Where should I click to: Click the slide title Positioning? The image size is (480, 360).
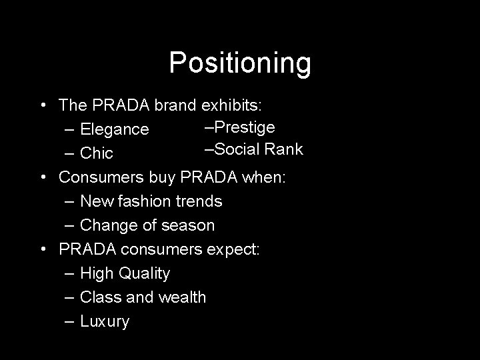(x=240, y=63)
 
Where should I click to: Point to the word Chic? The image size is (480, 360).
(x=97, y=154)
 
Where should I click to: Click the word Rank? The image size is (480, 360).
(x=284, y=149)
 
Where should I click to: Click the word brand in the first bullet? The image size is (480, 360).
(x=175, y=105)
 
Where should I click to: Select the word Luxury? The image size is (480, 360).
(x=105, y=322)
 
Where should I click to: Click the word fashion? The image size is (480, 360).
(x=141, y=201)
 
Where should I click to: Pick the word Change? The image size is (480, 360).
(x=106, y=225)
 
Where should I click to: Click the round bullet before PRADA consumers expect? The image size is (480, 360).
(x=43, y=249)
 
